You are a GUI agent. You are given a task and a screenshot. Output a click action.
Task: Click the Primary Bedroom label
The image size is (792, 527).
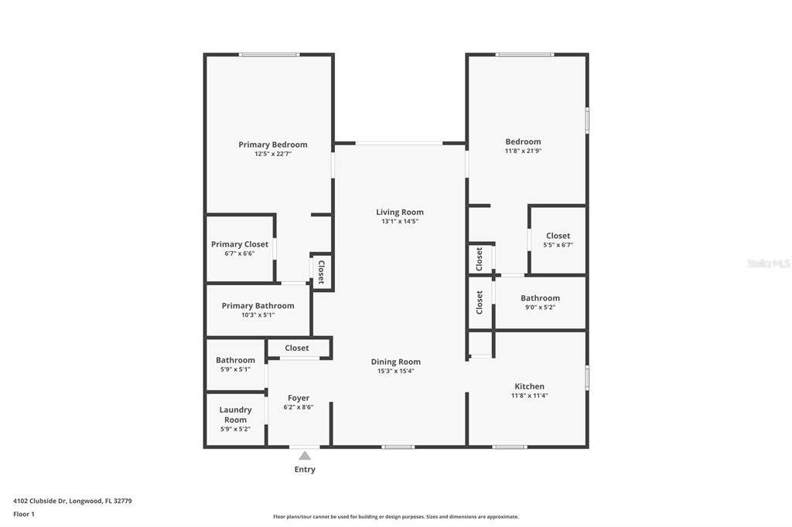pyautogui.click(x=273, y=144)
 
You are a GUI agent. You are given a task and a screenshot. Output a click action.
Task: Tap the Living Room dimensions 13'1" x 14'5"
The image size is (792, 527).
pyautogui.click(x=400, y=221)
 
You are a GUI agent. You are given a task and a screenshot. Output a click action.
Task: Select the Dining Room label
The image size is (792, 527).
pyautogui.click(x=395, y=362)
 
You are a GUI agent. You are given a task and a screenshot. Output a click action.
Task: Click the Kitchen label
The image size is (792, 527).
pyautogui.click(x=529, y=386)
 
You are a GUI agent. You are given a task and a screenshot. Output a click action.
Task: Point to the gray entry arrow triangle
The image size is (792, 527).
pyautogui.click(x=305, y=456)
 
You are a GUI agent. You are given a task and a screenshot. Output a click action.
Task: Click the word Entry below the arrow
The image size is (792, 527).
pyautogui.click(x=305, y=470)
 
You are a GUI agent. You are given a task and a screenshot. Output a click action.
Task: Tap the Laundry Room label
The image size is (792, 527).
pyautogui.click(x=235, y=414)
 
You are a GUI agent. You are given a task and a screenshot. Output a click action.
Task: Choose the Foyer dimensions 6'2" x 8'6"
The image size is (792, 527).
pyautogui.click(x=299, y=407)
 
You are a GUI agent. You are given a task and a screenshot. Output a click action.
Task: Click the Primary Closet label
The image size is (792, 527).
pyautogui.click(x=240, y=244)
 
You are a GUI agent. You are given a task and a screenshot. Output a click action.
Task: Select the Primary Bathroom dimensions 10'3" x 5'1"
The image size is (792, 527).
pyautogui.click(x=258, y=315)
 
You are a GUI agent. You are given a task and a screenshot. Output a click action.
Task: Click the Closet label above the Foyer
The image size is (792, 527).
pyautogui.click(x=296, y=348)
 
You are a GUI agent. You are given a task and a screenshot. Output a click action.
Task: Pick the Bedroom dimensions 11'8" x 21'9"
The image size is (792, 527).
pyautogui.click(x=524, y=151)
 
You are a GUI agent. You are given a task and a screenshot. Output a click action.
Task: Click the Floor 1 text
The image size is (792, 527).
pyautogui.click(x=24, y=514)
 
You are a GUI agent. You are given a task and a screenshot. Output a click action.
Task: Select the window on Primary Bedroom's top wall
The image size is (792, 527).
pyautogui.click(x=269, y=55)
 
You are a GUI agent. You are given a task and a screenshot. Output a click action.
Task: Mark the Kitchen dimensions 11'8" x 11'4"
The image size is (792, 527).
pyautogui.click(x=529, y=396)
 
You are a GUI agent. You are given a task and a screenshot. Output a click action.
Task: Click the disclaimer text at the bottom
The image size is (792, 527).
pyautogui.click(x=396, y=516)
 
